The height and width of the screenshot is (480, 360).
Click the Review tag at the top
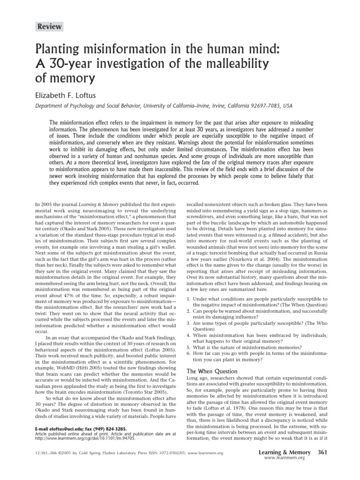tap(50, 27)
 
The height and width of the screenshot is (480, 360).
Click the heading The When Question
tap(211, 371)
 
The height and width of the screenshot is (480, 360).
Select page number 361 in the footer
tap(322, 452)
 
